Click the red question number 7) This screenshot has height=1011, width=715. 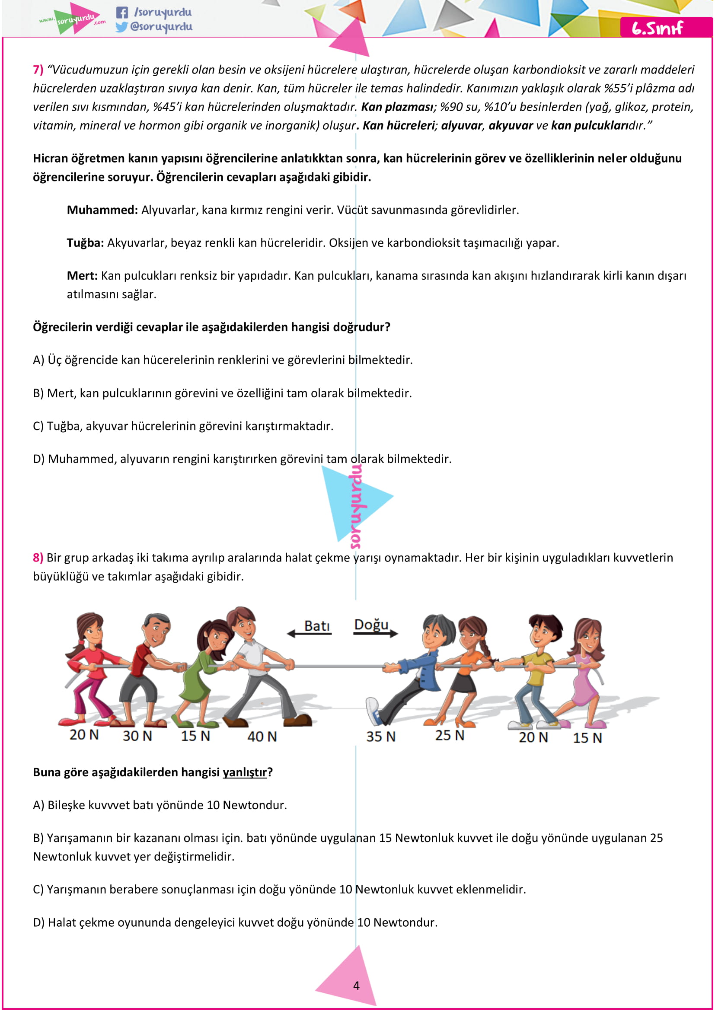coord(38,70)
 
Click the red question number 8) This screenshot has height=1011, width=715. coord(38,558)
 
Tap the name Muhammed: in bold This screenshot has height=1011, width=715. coord(102,210)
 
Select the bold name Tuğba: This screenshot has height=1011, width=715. coord(86,243)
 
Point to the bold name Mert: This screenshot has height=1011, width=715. coord(82,276)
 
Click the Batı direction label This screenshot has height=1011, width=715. coord(317,626)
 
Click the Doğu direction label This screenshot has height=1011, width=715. coord(371,625)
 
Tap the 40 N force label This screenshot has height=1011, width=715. coord(262,737)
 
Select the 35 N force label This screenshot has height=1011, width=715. coord(381,737)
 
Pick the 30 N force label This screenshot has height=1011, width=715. coord(137,736)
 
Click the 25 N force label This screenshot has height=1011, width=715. coord(450,735)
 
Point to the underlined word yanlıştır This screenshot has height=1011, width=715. coord(244,772)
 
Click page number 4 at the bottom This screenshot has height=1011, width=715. coord(356,985)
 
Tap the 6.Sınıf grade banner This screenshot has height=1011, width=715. coord(658,28)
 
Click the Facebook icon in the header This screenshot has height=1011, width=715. coord(122,13)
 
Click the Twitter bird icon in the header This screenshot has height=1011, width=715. coord(121,27)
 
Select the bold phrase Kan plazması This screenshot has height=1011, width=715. coord(397,108)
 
